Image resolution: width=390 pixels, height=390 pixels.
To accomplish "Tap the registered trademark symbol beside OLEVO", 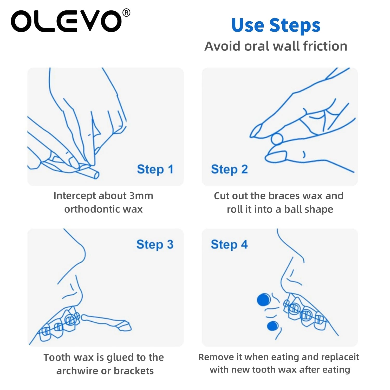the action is [126, 13].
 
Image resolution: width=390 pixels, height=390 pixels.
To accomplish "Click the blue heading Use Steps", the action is [276, 25].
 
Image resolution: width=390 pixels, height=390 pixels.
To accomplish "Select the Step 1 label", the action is [155, 169].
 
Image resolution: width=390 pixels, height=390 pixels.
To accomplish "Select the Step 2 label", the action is [229, 169].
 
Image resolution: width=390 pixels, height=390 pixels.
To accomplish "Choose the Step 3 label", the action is [155, 244].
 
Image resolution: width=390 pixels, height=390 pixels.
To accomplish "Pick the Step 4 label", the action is [229, 244].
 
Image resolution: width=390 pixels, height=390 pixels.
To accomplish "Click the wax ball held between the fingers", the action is [277, 139].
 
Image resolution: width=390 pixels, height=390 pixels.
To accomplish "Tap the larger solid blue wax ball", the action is [264, 300].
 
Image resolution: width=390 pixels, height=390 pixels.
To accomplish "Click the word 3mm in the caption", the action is [141, 196].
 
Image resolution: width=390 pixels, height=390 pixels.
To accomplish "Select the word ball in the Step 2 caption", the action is [293, 209].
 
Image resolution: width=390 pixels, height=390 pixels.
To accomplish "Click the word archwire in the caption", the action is [77, 371].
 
